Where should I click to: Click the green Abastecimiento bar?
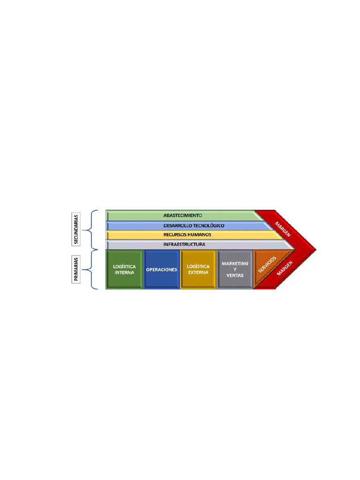pyautogui.click(x=183, y=216)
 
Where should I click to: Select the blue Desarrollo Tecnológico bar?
pyautogui.click(x=190, y=225)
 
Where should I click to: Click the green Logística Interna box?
pyautogui.click(x=124, y=270)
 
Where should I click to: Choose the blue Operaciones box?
pyautogui.click(x=161, y=270)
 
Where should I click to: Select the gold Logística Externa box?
pyautogui.click(x=198, y=270)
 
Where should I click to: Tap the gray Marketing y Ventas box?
pyautogui.click(x=235, y=270)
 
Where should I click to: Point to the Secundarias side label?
pyautogui.click(x=76, y=230)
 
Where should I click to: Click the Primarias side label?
pyautogui.click(x=76, y=270)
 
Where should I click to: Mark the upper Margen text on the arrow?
pyautogui.click(x=283, y=229)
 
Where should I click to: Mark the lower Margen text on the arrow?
pyautogui.click(x=285, y=269)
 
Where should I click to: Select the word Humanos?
pyautogui.click(x=201, y=235)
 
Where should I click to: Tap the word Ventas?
pyautogui.click(x=235, y=275)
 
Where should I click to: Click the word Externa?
pyautogui.click(x=198, y=272)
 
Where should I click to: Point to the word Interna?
pyautogui.click(x=124, y=272)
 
